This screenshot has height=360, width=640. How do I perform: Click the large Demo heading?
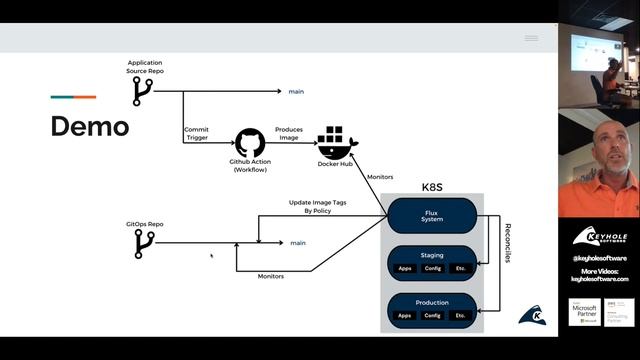(x=90, y=126)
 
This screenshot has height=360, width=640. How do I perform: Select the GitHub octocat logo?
(x=250, y=142)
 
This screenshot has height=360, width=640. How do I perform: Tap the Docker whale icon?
(x=335, y=140)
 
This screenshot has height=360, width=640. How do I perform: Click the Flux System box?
(x=431, y=215)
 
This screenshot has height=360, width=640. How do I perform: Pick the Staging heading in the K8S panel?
(x=432, y=254)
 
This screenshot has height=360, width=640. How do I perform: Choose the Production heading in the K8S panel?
(x=432, y=302)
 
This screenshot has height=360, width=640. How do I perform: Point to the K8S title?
(x=432, y=187)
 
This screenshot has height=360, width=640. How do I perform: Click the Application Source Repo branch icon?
(x=142, y=92)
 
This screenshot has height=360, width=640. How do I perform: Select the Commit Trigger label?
(x=196, y=134)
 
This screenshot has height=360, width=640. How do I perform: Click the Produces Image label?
(x=289, y=134)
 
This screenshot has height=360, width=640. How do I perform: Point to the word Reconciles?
(x=507, y=243)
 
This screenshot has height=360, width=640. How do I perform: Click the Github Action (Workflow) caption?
(x=250, y=166)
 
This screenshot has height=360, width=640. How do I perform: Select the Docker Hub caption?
(x=336, y=163)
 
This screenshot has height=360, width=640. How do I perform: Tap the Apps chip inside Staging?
(x=404, y=268)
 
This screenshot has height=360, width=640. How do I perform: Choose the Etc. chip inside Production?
(x=459, y=316)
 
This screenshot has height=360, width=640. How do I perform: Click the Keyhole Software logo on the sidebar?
(x=599, y=238)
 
